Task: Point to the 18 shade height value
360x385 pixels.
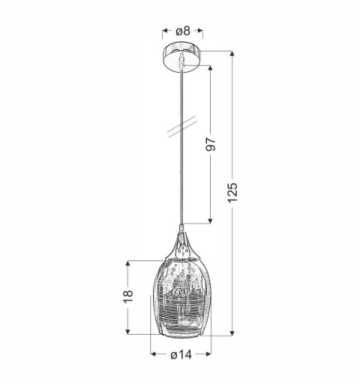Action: click(x=129, y=296)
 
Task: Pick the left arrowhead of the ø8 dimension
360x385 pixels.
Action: click(x=165, y=32)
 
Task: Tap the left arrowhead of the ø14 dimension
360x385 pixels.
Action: click(x=153, y=355)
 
